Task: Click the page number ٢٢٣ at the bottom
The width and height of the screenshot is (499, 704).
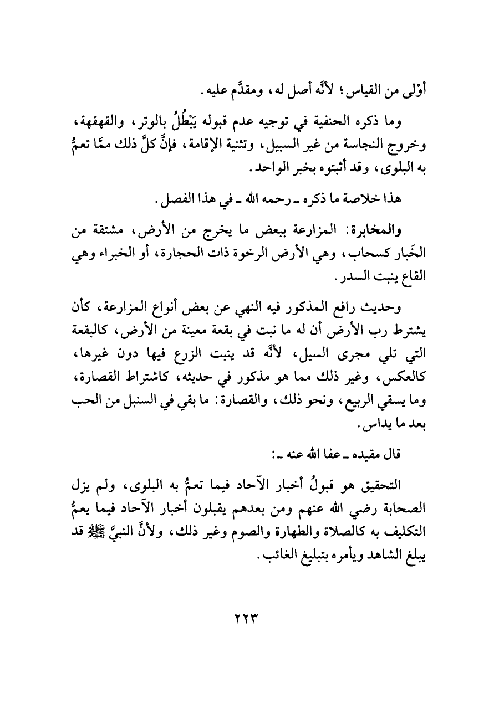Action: tap(249, 616)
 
